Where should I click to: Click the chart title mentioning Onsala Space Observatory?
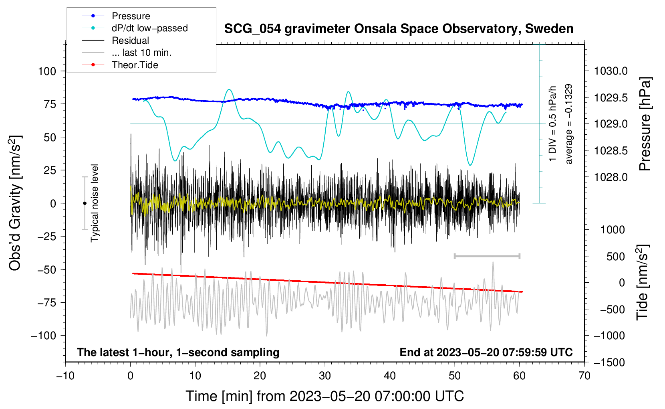[399, 29]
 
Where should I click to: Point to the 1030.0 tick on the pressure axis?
[611, 71]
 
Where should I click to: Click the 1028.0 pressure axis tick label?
[611, 177]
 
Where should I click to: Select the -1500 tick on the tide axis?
[609, 362]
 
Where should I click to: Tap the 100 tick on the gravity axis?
[47, 71]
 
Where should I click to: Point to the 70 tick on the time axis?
[584, 376]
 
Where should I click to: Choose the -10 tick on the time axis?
[65, 376]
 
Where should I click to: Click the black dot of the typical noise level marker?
[85, 203]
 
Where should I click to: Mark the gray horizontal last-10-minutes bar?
[487, 256]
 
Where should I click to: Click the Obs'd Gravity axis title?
[15, 203]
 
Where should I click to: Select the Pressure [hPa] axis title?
[645, 124]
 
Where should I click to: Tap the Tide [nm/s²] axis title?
[643, 282]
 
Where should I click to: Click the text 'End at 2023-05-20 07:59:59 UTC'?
[486, 352]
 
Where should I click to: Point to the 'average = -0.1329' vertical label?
[569, 124]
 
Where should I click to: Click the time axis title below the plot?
[325, 396]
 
